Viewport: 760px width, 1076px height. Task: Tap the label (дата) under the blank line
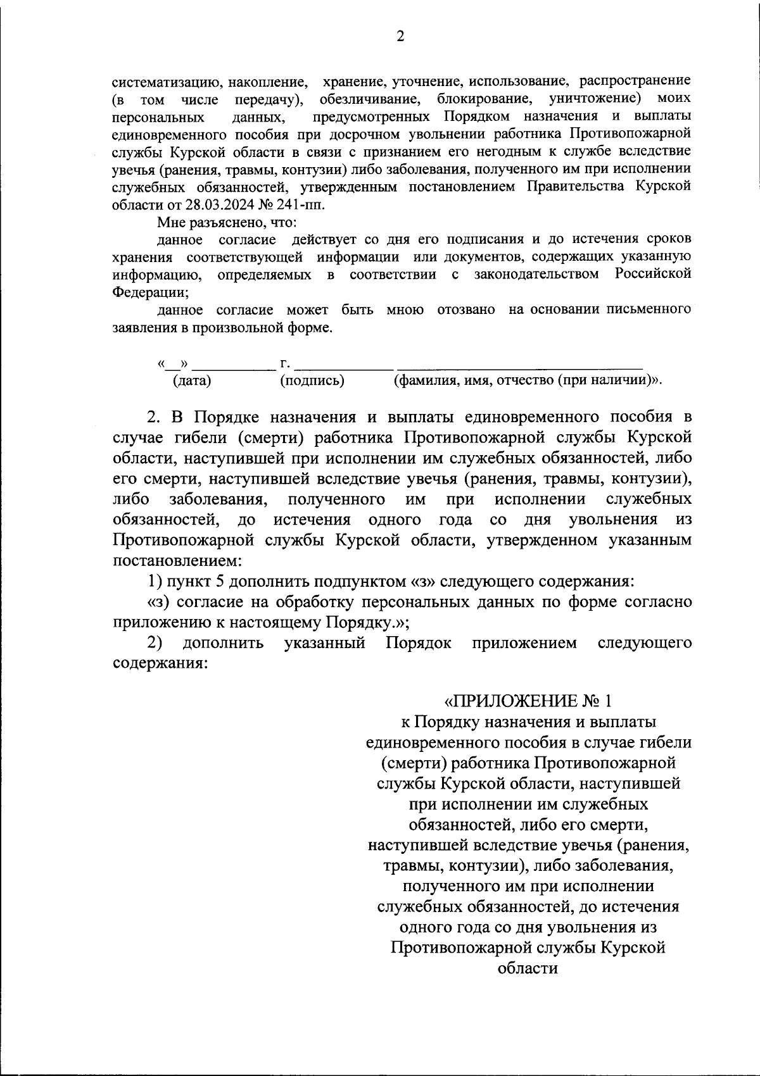pos(192,380)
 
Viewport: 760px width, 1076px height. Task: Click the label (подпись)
pos(312,380)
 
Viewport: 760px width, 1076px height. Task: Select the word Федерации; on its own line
pos(150,292)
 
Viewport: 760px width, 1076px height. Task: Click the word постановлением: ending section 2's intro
pos(177,561)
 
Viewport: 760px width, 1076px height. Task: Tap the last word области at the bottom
pos(528,968)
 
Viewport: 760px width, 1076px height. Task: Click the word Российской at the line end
pos(653,274)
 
